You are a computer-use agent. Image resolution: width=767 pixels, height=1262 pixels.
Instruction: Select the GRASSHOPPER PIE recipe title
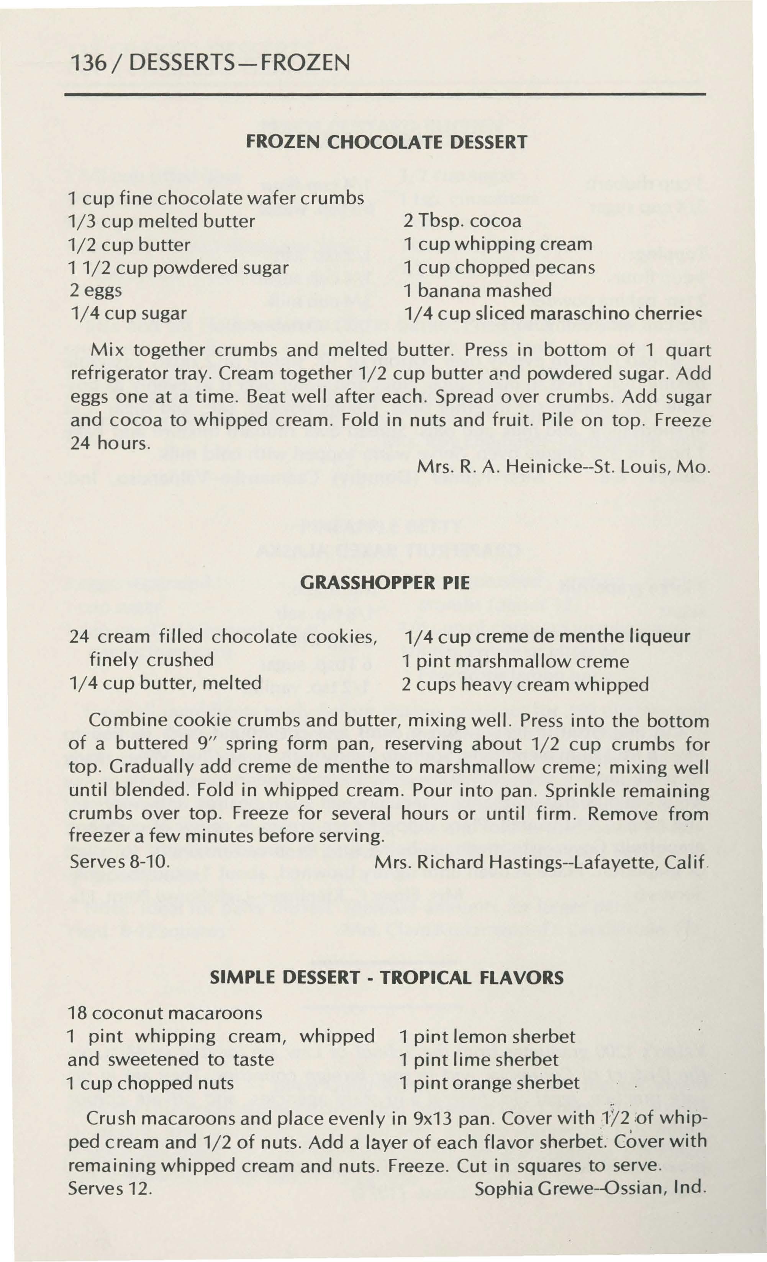[384, 583]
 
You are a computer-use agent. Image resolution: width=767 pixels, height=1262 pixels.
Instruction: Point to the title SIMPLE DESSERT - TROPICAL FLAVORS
[387, 978]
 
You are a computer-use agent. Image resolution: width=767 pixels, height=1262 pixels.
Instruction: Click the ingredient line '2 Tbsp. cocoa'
[462, 221]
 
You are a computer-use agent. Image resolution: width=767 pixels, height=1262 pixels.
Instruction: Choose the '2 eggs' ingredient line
[96, 290]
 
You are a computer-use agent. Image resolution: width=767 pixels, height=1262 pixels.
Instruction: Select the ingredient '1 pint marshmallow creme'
[515, 661]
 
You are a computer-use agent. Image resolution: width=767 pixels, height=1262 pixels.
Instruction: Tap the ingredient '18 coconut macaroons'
[165, 1013]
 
